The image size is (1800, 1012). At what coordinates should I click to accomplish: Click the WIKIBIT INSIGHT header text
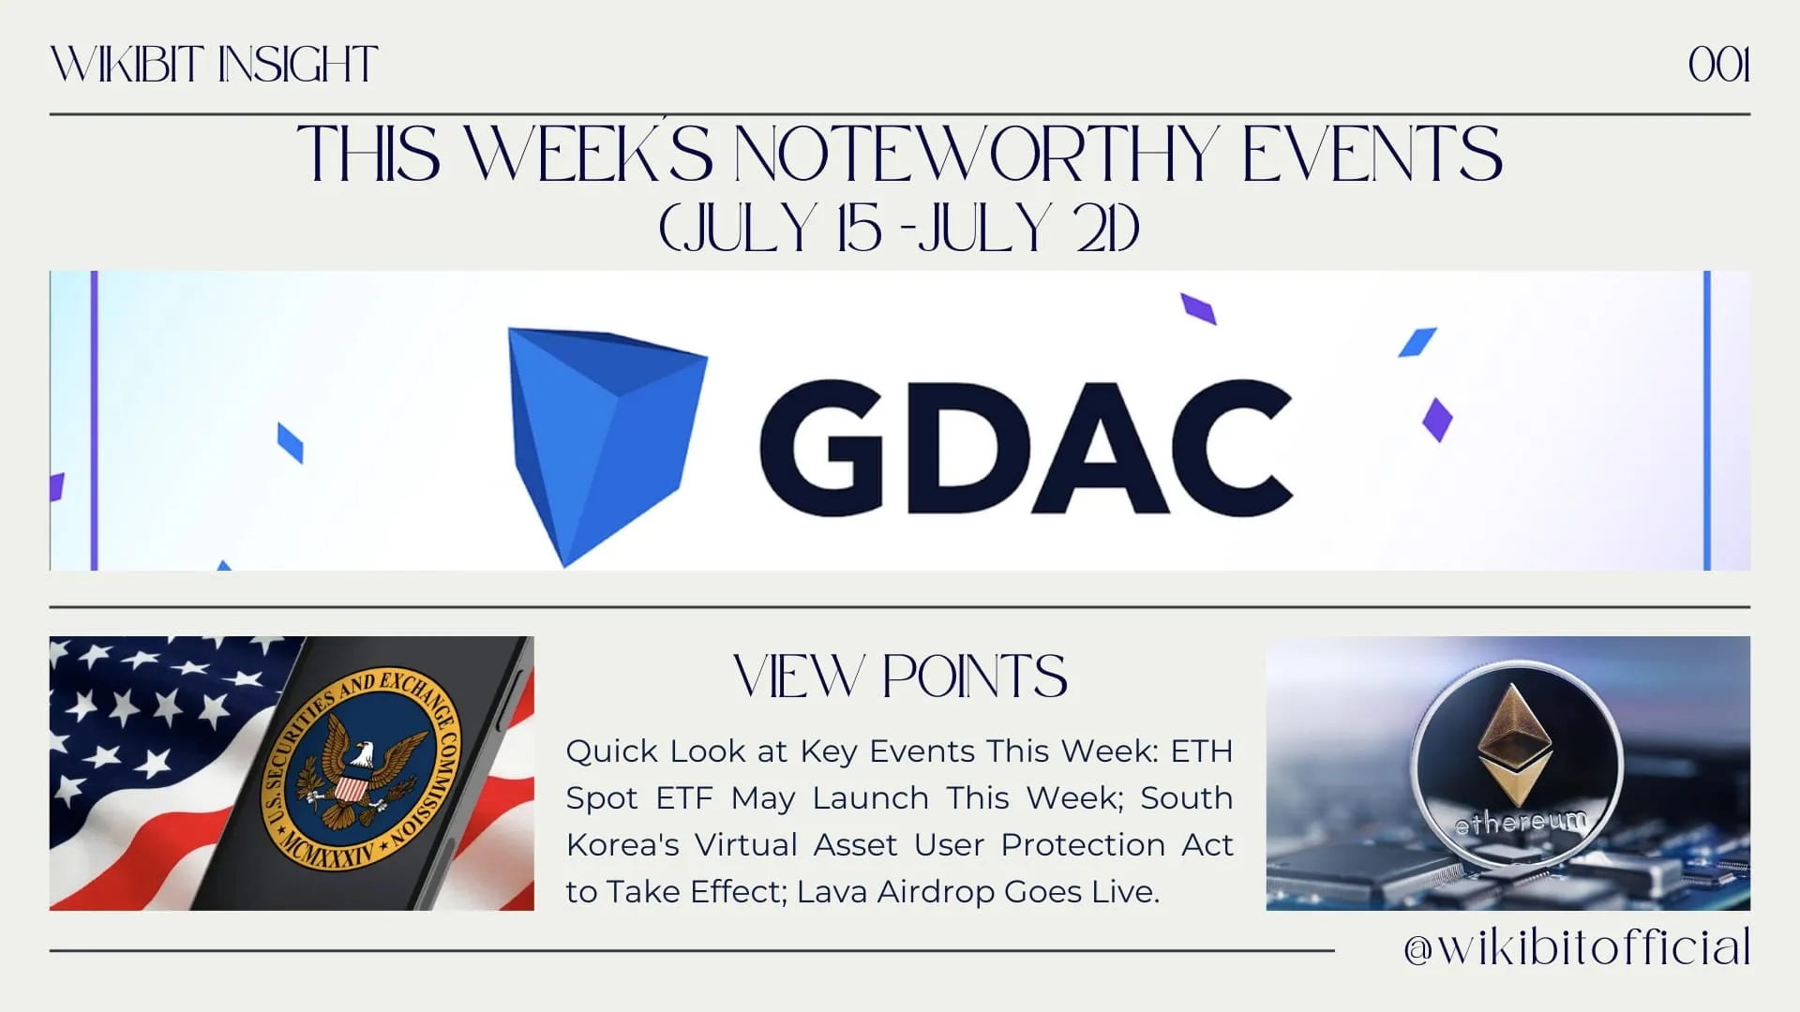[x=214, y=66]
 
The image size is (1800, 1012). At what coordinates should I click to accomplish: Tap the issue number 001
[x=1718, y=66]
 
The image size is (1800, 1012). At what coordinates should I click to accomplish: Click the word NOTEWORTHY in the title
[x=976, y=154]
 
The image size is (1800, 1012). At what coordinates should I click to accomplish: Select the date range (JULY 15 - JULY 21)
[x=899, y=228]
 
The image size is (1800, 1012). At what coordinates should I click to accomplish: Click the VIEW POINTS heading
[x=900, y=677]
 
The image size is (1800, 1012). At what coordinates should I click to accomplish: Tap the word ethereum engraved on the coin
[x=1521, y=823]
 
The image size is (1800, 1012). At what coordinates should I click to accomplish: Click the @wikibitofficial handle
[x=1577, y=947]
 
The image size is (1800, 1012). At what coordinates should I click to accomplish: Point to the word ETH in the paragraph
[x=1202, y=752]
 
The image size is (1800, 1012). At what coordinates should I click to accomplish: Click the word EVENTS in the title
[x=1372, y=154]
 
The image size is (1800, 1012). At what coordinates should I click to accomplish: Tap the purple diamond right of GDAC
[x=1437, y=420]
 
